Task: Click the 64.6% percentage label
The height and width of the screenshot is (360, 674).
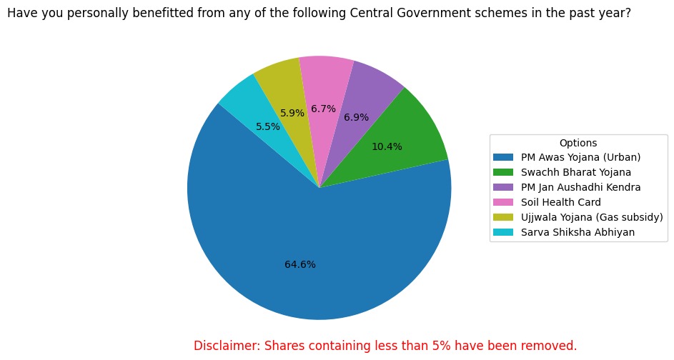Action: point(300,264)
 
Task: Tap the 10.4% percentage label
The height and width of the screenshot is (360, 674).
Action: point(387,147)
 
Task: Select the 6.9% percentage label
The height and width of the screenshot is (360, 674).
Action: point(356,117)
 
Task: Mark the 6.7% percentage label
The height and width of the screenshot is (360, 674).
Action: point(323,109)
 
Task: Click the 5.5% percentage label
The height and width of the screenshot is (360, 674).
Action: point(268,127)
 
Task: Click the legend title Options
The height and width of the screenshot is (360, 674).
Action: point(578,143)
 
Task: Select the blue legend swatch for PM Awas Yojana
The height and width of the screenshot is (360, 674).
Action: point(502,157)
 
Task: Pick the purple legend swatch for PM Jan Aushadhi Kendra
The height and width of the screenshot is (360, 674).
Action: point(502,187)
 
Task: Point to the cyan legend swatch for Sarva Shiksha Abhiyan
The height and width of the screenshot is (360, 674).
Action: point(502,232)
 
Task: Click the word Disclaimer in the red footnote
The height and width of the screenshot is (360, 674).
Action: point(226,346)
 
